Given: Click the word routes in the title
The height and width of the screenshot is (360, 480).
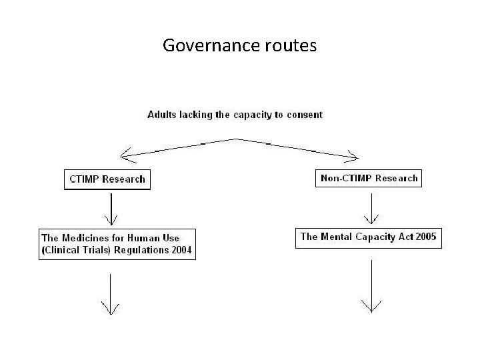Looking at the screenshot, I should coord(290,46).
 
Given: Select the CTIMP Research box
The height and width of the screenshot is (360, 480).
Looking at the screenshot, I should coord(107,179).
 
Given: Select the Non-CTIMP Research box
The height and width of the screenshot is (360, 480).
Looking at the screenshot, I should coord(369,178).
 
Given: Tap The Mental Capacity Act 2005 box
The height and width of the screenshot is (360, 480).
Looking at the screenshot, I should coord(368,237).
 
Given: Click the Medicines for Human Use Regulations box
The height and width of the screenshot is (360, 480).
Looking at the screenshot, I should coord(117,244).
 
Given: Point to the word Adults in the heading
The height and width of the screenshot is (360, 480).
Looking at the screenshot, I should coord(161,115).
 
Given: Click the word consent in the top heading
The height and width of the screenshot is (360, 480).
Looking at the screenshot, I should coord(305,115).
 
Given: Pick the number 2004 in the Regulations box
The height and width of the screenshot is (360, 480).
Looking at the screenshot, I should coord(181,251).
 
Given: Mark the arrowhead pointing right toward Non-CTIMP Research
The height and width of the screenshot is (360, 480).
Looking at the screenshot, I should coord(352,157).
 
